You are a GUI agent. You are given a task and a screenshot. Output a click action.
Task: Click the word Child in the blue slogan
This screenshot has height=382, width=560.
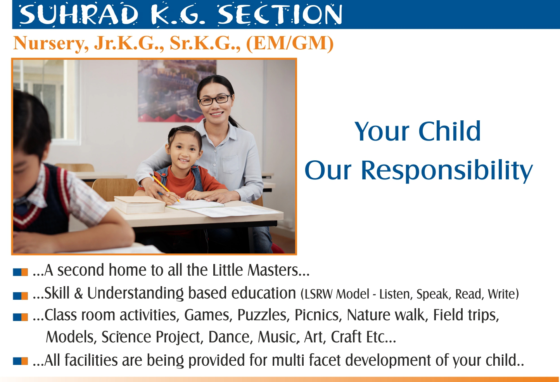tap(449, 131)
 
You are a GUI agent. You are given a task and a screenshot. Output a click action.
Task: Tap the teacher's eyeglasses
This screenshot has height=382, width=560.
tap(215, 100)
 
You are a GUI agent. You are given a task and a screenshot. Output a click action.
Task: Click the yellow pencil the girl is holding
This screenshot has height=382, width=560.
tap(164, 188)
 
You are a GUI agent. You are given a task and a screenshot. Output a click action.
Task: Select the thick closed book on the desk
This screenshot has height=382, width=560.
tap(140, 205)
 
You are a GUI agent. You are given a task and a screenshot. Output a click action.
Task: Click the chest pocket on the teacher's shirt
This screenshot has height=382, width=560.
tap(231, 164)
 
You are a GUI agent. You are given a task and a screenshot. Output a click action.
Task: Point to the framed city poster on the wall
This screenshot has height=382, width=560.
tap(177, 90)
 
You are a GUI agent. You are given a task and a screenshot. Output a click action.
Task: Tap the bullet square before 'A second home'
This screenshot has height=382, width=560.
tap(20, 272)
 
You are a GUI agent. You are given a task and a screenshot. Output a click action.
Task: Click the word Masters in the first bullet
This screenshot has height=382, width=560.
tap(273, 270)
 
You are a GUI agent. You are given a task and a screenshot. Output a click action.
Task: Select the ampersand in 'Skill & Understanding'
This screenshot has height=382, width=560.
tap(78, 293)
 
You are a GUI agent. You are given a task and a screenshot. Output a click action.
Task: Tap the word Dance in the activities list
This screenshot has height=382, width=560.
tap(229, 337)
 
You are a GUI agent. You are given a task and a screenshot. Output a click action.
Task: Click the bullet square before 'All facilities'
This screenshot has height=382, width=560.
tap(20, 361)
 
